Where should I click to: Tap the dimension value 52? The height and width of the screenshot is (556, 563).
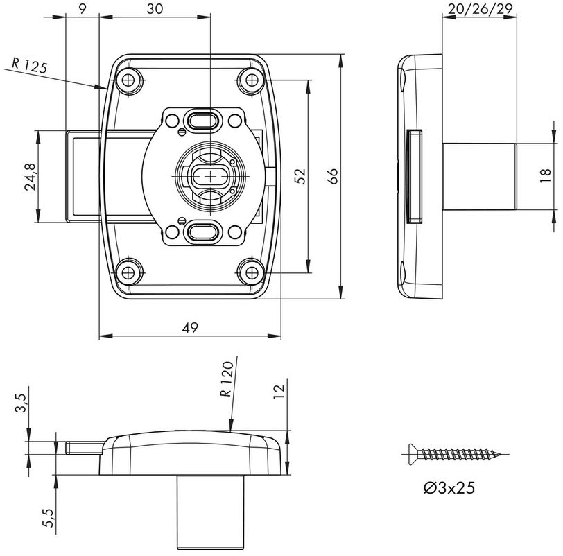tap(300, 176)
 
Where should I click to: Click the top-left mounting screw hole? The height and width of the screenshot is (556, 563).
tap(129, 81)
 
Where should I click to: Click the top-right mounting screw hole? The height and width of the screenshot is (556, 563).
tap(250, 81)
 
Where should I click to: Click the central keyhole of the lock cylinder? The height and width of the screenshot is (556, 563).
tap(207, 176)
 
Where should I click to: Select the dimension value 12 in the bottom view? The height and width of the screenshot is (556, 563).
tap(279, 392)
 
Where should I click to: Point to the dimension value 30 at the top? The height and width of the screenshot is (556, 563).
tap(154, 9)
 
